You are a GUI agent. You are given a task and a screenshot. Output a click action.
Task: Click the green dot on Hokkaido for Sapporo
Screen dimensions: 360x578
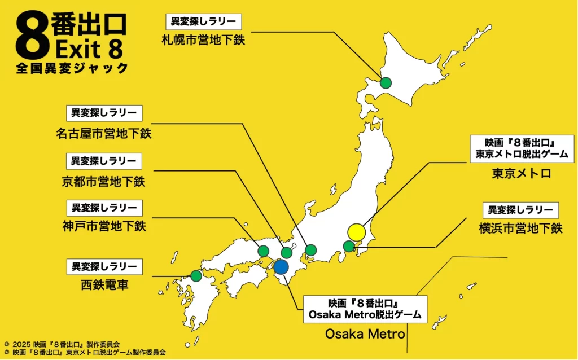tap(386, 83)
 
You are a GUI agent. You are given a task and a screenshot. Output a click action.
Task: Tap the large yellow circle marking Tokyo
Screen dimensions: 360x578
tap(357, 232)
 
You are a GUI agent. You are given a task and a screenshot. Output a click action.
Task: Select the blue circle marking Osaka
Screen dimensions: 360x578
tap(281, 267)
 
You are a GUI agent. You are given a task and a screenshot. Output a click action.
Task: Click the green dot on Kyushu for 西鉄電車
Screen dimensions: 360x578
tap(196, 276)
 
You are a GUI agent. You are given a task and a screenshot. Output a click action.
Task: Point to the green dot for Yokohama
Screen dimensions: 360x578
tap(349, 246)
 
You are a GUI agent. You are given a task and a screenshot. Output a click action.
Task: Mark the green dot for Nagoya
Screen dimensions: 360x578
tap(311, 249)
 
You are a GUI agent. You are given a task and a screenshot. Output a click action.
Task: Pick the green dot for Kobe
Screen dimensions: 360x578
tap(263, 251)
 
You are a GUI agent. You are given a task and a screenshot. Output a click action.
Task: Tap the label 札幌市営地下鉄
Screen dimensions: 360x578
tap(203, 40)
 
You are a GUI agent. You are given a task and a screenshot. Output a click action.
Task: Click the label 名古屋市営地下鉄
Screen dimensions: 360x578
tap(104, 134)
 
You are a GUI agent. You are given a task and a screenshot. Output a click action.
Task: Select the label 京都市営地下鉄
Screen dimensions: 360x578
tap(104, 181)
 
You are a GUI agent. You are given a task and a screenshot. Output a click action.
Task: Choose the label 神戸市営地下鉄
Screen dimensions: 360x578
tap(104, 227)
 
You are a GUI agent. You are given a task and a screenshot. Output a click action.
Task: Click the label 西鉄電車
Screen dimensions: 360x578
tap(104, 285)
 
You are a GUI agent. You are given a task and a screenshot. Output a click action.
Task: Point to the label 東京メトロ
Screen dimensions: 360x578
tap(521, 173)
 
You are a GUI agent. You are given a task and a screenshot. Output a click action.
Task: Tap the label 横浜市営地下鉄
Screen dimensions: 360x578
tap(520, 229)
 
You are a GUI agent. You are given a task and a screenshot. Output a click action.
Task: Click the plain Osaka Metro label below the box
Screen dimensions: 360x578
tap(365, 334)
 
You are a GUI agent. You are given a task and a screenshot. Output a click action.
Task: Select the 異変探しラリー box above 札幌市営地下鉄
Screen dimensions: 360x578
tap(203, 22)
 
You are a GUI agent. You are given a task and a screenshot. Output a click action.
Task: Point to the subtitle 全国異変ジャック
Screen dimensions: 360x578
tap(72, 68)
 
